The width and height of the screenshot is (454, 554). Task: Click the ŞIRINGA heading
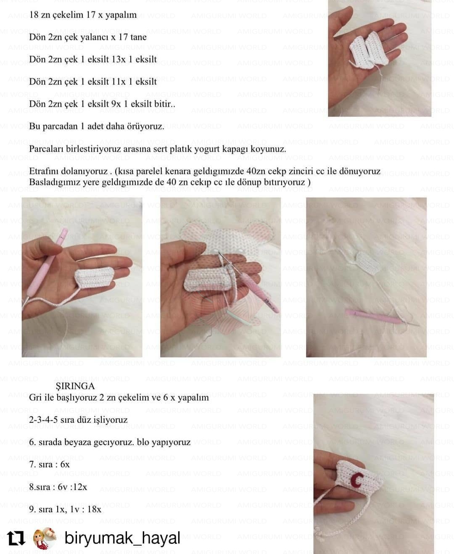pos(75,386)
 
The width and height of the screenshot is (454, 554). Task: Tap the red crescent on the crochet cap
pos(358,480)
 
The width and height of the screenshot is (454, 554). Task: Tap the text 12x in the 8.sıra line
pos(80,487)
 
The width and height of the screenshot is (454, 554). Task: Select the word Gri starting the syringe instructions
pos(35,398)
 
